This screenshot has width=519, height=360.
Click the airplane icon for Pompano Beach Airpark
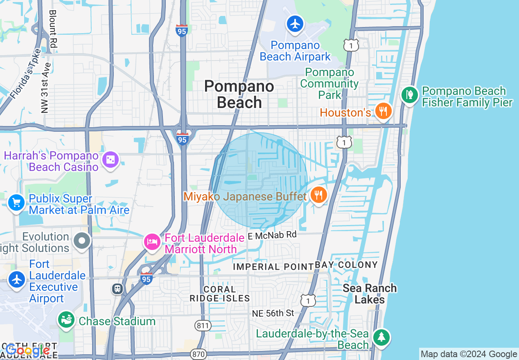(x=295, y=24)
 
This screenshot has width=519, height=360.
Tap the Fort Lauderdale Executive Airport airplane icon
(x=17, y=280)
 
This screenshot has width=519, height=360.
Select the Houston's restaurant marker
(x=383, y=111)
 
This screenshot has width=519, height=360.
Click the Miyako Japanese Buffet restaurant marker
(x=318, y=195)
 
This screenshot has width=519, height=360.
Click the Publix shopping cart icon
(x=16, y=202)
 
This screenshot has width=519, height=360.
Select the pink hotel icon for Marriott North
(x=152, y=242)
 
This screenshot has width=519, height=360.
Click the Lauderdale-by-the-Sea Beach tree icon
(x=381, y=337)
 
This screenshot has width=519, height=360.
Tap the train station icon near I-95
(x=117, y=289)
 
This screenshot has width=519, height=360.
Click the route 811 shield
(x=203, y=326)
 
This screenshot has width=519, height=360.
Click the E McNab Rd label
(x=272, y=235)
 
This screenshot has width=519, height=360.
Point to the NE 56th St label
(x=273, y=313)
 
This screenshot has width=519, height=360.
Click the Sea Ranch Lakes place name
(x=370, y=294)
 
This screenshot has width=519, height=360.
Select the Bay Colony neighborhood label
(x=346, y=265)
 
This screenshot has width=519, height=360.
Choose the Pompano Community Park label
(x=329, y=83)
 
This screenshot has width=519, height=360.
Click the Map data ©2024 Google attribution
(x=469, y=354)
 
